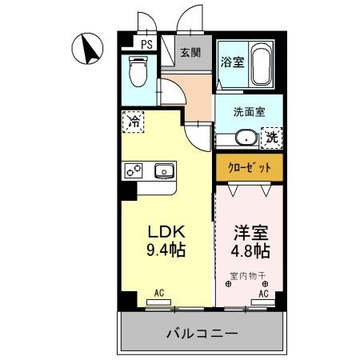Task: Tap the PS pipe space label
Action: pos(146,45)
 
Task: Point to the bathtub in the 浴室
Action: pos(260,66)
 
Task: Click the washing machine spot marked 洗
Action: pos(274,138)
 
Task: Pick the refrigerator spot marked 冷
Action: pos(134,122)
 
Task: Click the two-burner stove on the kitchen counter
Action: pos(132,170)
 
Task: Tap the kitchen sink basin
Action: pos(166,170)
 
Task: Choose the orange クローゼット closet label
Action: pos(248,167)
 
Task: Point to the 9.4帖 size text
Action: pos(166,250)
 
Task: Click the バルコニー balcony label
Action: pos(202,333)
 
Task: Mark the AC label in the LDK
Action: pos(158,294)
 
